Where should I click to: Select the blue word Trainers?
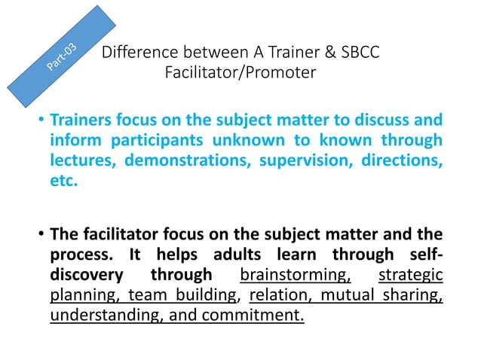pos(80,120)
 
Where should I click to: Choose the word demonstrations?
pos(188,160)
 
